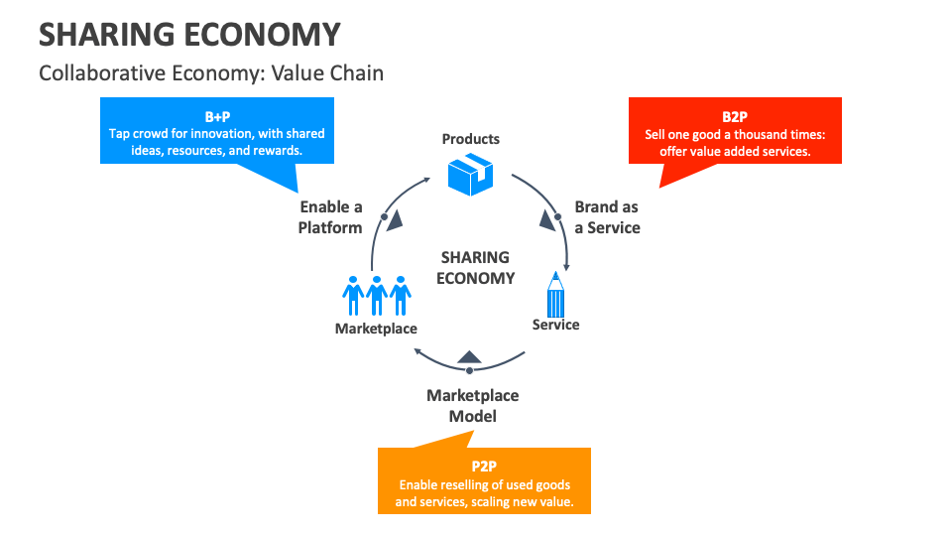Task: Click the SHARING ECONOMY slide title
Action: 189,35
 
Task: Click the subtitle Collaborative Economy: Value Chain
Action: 211,73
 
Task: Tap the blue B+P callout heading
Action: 217,117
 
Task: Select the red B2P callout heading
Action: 735,117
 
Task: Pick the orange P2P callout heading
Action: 484,467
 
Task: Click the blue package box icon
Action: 471,174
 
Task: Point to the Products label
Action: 471,139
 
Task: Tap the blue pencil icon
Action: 555,295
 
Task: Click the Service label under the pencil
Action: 555,325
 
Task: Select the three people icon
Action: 376,294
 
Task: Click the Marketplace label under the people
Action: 376,329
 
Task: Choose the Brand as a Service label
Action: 607,217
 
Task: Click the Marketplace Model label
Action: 473,405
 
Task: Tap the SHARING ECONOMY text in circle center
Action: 475,268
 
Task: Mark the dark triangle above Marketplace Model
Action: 470,356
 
